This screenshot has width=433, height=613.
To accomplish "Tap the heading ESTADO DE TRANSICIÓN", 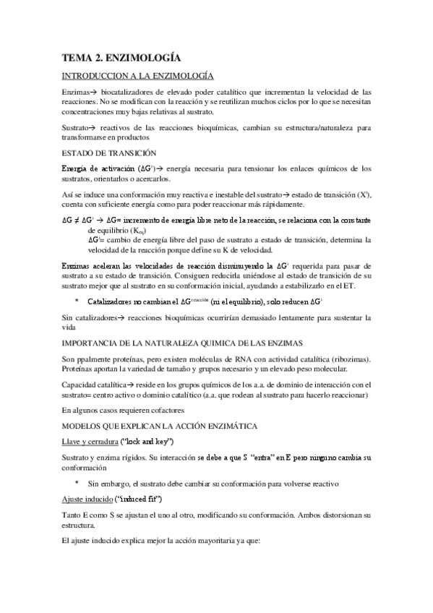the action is click(109, 153).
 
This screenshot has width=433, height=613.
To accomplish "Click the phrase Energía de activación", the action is click(99, 168).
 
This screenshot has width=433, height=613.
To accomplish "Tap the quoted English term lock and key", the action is click(163, 441).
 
